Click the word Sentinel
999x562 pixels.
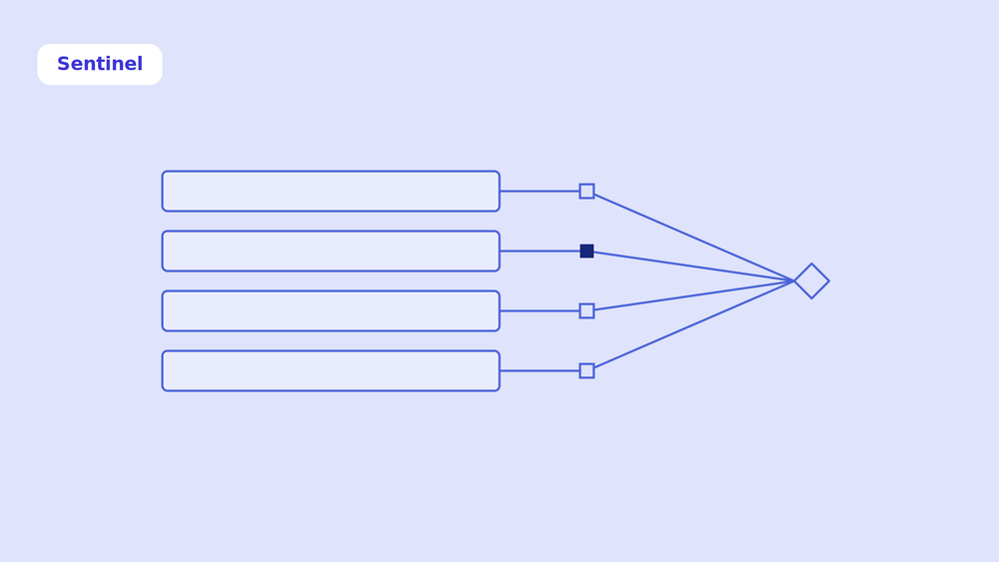point(100,64)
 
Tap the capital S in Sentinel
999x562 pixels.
point(63,64)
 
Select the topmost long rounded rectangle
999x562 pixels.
point(331,191)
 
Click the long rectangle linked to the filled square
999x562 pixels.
point(331,251)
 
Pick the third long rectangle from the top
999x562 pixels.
point(331,310)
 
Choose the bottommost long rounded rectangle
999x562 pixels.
point(331,370)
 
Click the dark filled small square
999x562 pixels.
point(586,251)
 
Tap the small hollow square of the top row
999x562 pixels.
point(586,191)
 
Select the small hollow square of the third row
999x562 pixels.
point(586,310)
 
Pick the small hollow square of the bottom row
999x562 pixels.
point(586,370)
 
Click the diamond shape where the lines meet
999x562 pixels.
point(811,281)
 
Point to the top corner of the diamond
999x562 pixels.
point(811,263)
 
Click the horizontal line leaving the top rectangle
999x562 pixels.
point(539,191)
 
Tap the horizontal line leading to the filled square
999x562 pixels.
point(539,251)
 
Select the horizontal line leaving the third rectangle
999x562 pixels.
point(539,310)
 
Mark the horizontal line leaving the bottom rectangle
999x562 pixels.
point(539,370)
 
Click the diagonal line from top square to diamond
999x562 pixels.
point(694,238)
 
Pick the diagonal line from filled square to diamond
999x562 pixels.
point(694,267)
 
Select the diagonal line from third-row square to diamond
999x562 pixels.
point(694,295)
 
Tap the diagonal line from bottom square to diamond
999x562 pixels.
point(694,324)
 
